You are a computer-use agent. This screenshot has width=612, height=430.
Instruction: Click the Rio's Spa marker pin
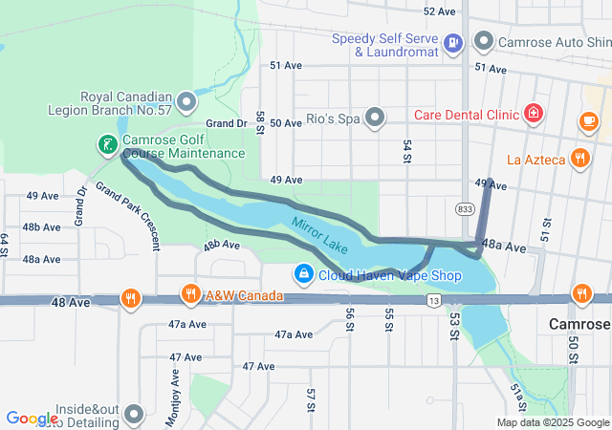click(376, 118)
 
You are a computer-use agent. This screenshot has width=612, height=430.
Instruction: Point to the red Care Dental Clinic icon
click(534, 116)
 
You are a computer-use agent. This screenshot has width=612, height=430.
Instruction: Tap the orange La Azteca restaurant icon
click(579, 158)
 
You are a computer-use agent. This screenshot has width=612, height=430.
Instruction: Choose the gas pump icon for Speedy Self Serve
click(453, 42)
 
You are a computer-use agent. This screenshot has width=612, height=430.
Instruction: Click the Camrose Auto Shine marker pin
click(484, 41)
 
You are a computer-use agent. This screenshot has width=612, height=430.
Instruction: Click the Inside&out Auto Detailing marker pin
click(133, 414)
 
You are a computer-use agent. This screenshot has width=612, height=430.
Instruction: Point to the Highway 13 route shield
click(432, 301)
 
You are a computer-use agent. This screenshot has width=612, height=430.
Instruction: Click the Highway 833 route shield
click(465, 207)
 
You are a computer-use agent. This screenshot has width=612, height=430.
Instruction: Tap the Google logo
click(32, 419)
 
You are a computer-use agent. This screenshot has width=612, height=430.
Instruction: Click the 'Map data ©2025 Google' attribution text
click(552, 422)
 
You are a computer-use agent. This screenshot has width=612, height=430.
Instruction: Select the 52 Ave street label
click(439, 11)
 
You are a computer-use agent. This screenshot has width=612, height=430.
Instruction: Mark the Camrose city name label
click(579, 324)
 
